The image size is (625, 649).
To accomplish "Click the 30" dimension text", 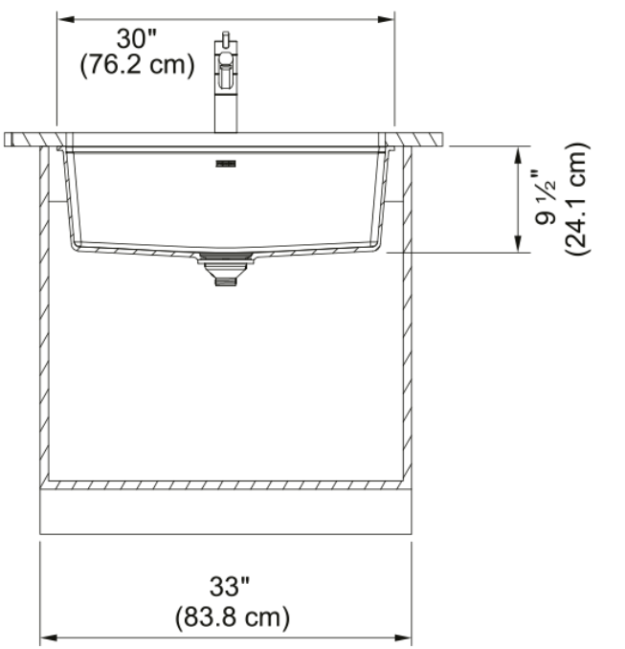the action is coord(137,39).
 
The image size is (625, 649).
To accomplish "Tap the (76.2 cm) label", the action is coord(137,65).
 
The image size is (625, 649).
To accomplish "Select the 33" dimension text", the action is coord(230,587).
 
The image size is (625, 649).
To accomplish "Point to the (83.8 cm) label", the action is coord(233,617).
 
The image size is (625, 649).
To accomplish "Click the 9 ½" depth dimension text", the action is coord(546,196).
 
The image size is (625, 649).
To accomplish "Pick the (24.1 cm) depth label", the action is coord(576,199).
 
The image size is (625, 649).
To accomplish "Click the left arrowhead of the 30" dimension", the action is coord(66,19).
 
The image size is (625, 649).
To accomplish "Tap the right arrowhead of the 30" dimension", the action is coord(386,19).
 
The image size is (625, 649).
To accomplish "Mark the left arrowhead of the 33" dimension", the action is coord(49,638).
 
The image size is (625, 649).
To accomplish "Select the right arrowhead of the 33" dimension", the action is coord(403,638).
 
